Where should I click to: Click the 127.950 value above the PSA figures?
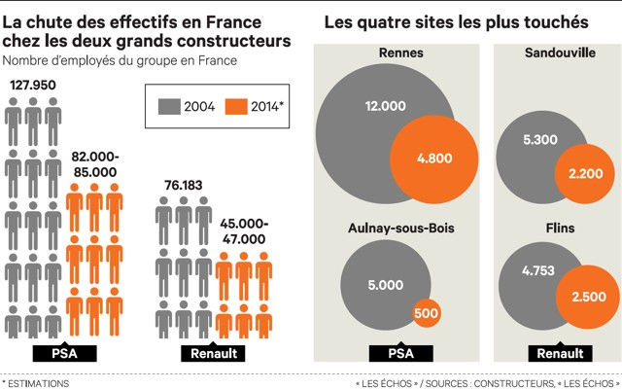coord(33,86)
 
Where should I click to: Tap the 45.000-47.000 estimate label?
coord(237,230)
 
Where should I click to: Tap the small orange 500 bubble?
coord(424,314)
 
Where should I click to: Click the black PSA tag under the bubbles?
coord(397,354)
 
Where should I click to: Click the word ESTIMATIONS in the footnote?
coord(40,383)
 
